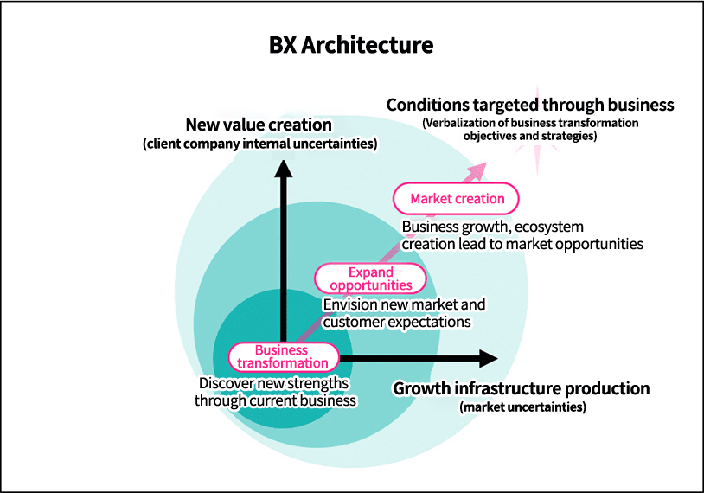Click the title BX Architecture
pos(351,44)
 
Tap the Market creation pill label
pos(457,198)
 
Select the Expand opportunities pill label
pos(371,279)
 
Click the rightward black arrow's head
pos(489,358)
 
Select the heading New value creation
pos(259,125)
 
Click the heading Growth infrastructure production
pos(521,388)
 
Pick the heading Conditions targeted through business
pos(529,105)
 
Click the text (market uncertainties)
pos(522,406)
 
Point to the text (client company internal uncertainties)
pos(259,144)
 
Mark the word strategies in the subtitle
pos(569,136)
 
